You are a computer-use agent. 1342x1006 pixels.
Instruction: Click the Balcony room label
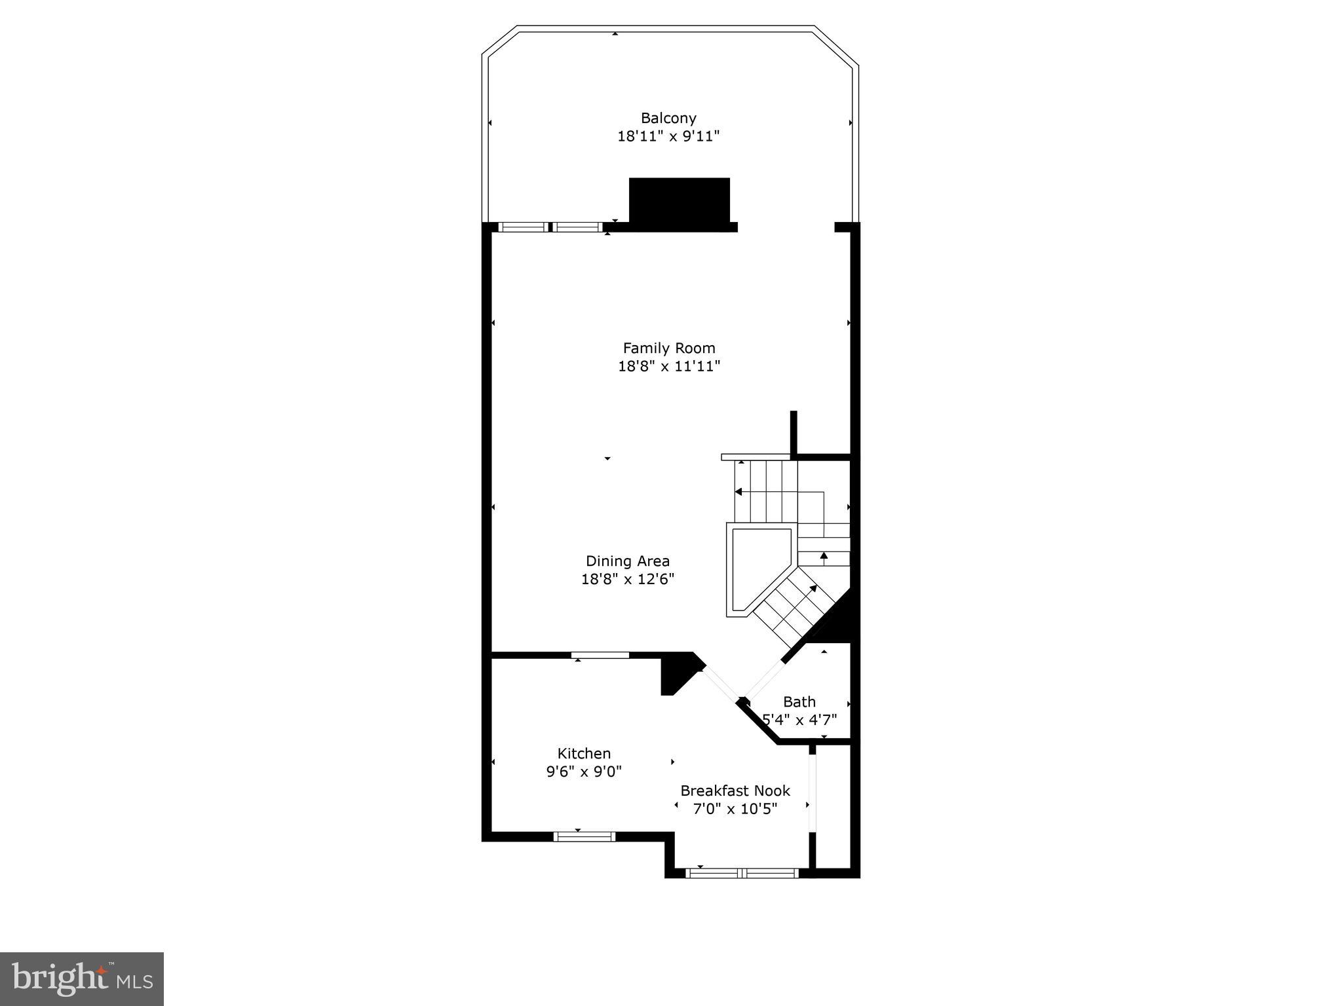coord(668,119)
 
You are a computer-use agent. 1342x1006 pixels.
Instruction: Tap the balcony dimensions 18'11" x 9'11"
coord(668,136)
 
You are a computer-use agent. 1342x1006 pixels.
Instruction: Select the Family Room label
coord(669,348)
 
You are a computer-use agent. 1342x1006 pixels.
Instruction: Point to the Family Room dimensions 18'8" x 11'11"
coord(669,365)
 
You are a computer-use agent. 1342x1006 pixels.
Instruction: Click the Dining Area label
coord(628,561)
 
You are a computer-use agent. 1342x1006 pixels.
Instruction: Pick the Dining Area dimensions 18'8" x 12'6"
coord(628,579)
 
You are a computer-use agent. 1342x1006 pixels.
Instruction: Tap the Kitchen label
coord(584,753)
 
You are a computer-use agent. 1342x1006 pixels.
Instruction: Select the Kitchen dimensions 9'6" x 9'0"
coord(584,772)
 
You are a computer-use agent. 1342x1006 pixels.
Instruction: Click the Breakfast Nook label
coord(735,791)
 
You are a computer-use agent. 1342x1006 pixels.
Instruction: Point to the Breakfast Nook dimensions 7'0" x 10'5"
coord(735,809)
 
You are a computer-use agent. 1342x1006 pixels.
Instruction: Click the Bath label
coord(799,702)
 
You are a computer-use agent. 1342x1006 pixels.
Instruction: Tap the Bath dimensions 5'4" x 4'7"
coord(799,720)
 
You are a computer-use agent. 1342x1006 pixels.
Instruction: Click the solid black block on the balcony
coord(680,202)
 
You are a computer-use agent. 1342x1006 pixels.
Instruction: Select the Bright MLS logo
coord(82,979)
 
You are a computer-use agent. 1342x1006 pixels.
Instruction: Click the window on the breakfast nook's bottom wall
coord(742,872)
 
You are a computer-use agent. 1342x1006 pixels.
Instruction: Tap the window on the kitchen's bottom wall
coord(585,836)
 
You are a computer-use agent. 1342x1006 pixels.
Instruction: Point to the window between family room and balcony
coord(550,227)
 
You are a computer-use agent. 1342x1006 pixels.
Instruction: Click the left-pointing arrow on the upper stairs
coord(738,492)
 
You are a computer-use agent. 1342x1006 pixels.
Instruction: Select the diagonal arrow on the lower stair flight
coord(813,589)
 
